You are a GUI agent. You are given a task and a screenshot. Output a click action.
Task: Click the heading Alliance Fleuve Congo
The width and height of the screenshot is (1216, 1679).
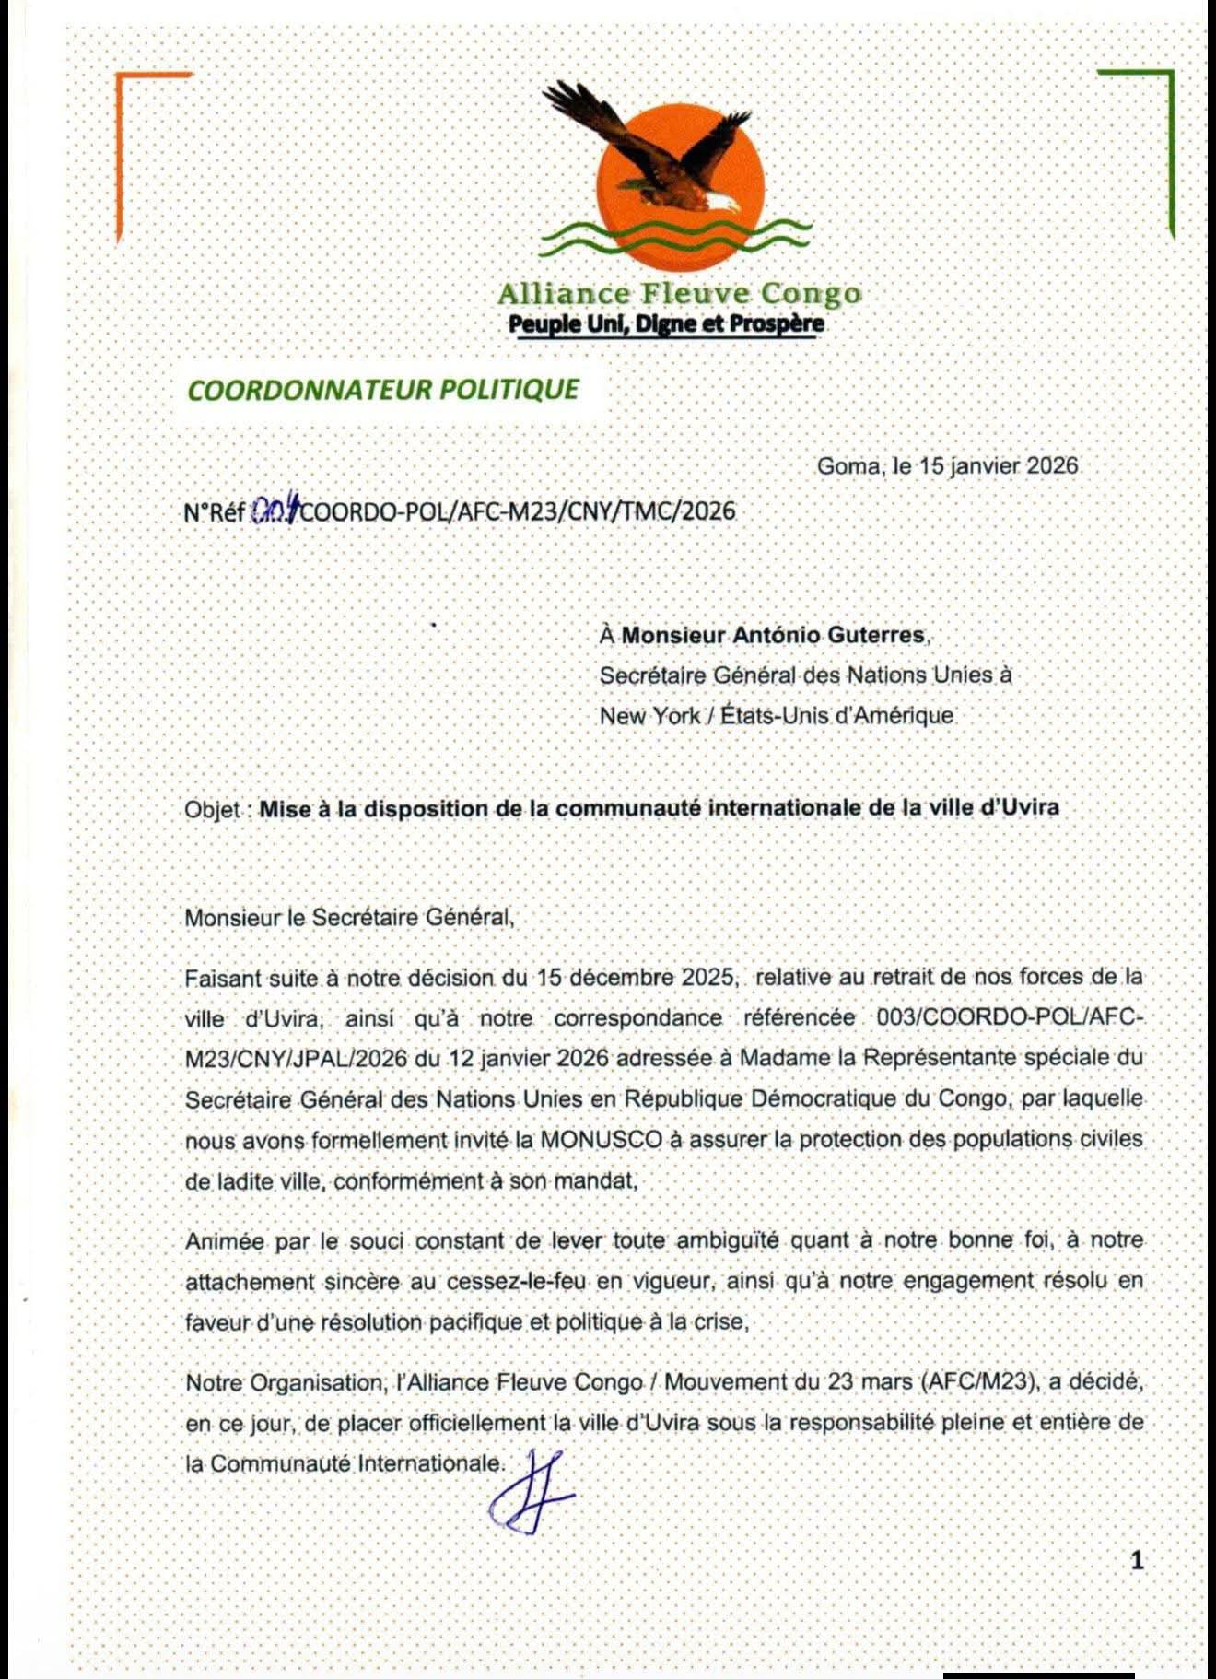(x=679, y=294)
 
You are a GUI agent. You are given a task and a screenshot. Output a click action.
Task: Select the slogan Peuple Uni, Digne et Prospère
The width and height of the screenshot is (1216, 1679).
(x=666, y=323)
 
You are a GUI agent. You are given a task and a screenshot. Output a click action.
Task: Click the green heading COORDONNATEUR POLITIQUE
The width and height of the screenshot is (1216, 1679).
(x=383, y=389)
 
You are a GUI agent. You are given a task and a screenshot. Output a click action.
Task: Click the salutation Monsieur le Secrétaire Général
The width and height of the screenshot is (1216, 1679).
(x=348, y=917)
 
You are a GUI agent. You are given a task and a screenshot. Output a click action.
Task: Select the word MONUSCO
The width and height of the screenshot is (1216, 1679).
(x=601, y=1139)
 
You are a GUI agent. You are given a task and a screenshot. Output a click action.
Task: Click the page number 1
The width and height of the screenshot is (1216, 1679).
(x=1136, y=1560)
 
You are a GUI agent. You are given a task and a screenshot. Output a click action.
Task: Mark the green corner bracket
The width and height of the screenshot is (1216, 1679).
(x=1156, y=111)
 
